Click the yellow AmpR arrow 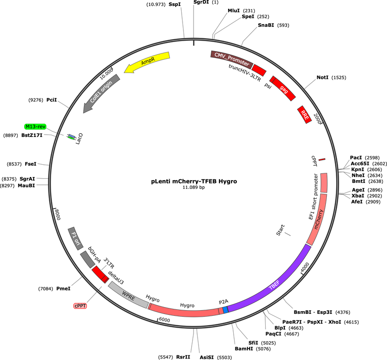coord(147,62)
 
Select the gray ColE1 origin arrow coord(101,93)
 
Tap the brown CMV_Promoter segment coord(231,59)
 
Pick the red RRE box coord(304,115)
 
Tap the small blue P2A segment coord(225,310)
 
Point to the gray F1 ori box coord(75,239)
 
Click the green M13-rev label coord(36,126)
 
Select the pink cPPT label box coord(80,306)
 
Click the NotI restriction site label coord(322,78)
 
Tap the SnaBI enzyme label coord(266,25)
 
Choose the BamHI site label coord(244,349)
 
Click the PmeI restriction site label coord(63,288)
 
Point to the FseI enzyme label coord(31,164)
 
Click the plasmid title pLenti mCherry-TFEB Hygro coord(194,181)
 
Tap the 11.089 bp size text coord(193,188)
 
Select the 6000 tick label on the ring coord(164,320)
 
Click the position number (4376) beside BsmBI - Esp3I coord(343,313)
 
